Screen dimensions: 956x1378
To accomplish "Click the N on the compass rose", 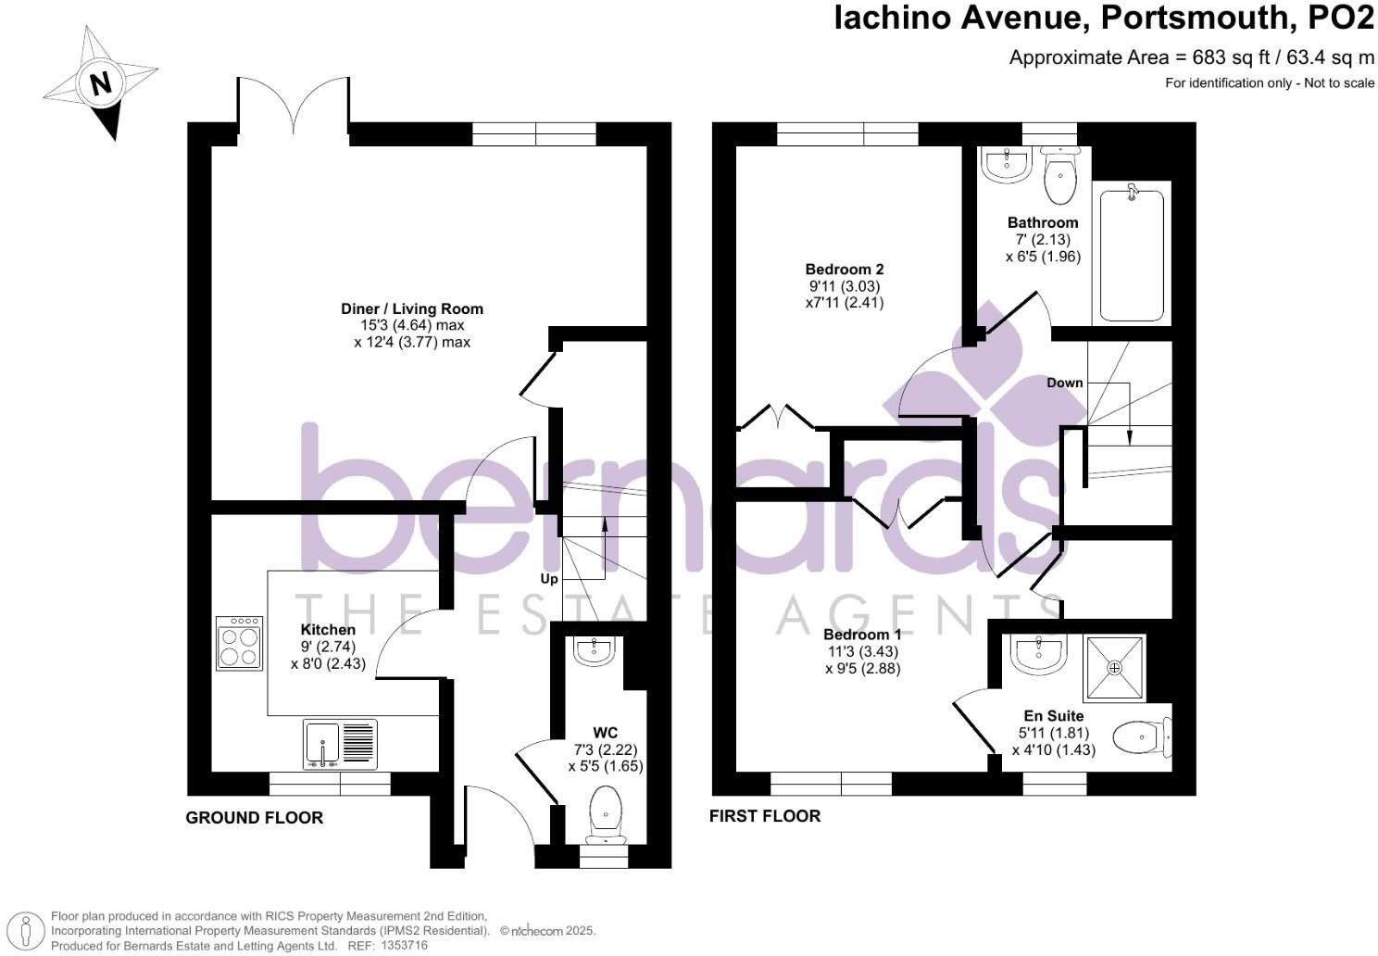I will tap(100, 83).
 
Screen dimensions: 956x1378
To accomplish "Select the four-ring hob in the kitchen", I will tap(239, 643).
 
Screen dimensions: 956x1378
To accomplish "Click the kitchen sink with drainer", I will tap(340, 744).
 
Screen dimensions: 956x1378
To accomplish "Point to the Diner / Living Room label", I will tap(412, 308).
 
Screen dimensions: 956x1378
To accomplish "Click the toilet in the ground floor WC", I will tap(606, 813).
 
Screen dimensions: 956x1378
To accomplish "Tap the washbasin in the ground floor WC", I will tap(594, 652).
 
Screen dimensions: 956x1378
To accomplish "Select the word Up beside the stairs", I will tap(549, 579).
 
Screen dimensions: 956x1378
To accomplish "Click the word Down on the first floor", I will tap(1065, 383).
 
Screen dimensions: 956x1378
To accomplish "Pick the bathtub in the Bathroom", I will tap(1131, 254).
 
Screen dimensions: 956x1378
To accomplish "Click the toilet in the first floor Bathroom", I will tap(1059, 174).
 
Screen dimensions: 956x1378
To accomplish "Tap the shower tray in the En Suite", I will tap(1114, 667).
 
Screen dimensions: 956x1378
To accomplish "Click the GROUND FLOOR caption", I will tap(255, 818).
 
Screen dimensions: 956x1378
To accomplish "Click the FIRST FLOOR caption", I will tap(765, 816).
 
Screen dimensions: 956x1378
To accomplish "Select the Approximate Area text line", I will tap(1191, 57).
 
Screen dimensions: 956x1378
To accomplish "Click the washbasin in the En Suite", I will tap(1038, 654).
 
